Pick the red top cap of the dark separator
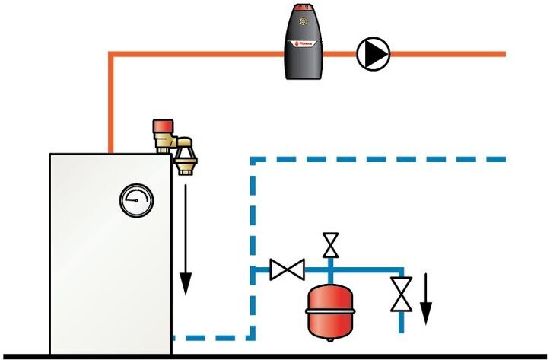click(304, 11)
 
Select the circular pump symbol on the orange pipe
click(373, 53)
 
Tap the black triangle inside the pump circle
click(374, 53)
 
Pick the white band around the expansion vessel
click(329, 309)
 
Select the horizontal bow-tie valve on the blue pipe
click(288, 269)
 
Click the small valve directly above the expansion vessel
click(330, 245)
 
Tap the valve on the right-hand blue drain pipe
click(401, 294)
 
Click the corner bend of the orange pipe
click(111, 55)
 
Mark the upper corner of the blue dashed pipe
click(253, 161)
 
